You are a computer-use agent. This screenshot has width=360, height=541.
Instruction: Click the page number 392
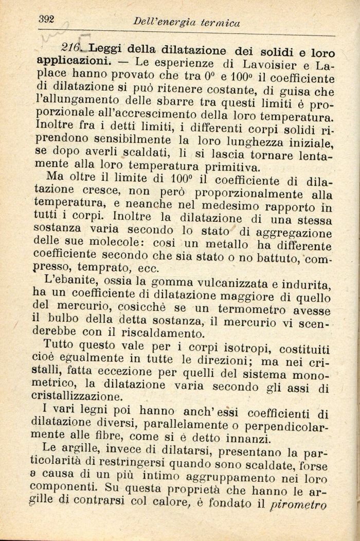pos(47,19)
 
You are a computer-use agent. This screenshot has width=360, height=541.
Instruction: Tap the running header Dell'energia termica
pos(186,22)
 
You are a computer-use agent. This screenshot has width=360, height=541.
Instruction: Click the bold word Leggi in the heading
pos(105,49)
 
